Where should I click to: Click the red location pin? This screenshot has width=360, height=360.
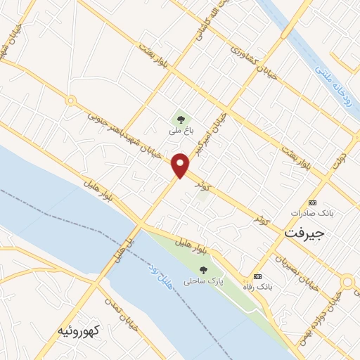(181, 165)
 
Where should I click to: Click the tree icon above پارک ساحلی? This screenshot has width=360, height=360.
(203, 270)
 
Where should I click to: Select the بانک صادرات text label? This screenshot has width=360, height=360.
(313, 212)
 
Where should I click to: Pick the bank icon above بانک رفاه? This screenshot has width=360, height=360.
(257, 276)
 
